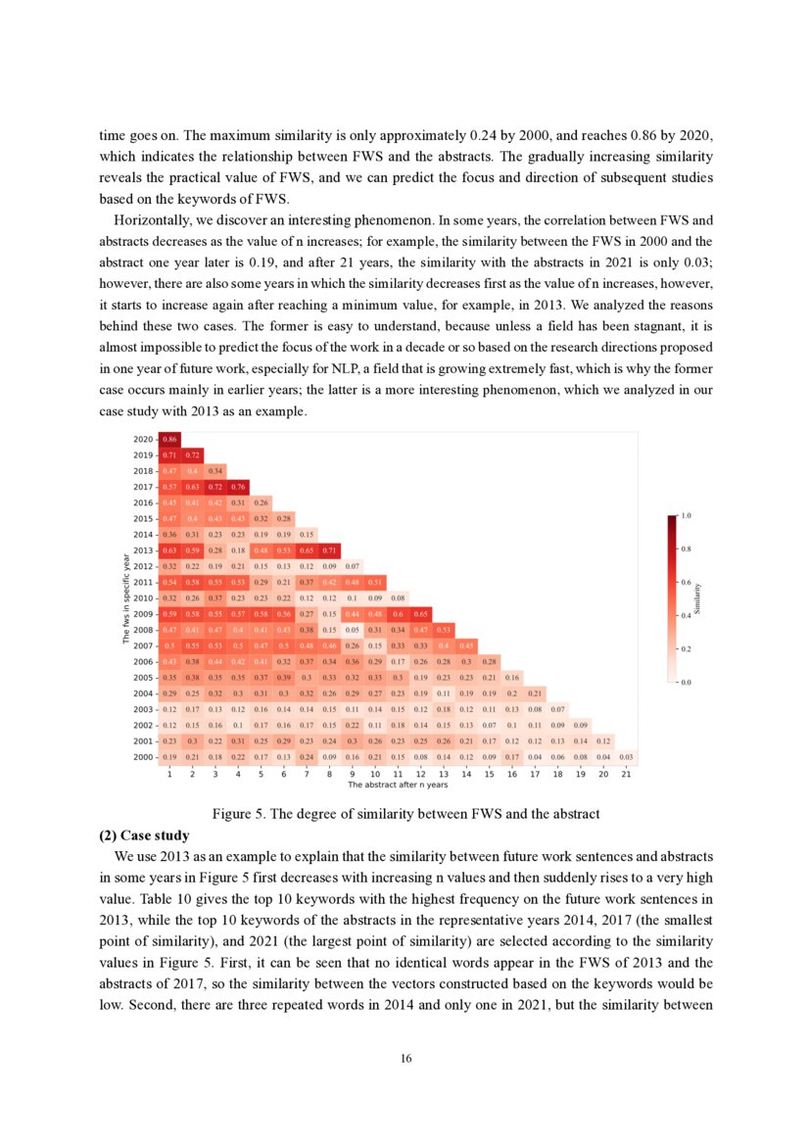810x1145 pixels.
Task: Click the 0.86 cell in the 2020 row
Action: pos(169,440)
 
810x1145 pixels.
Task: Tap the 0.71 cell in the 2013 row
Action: pos(329,550)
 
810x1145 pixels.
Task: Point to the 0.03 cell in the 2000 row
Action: pos(626,757)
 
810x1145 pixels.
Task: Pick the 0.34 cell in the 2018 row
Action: pos(215,471)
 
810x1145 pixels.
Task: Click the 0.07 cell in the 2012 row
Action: pos(352,566)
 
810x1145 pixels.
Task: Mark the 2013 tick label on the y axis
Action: pos(143,550)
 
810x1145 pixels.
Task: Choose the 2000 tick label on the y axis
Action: pos(143,757)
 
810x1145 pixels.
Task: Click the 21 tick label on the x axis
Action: pos(626,774)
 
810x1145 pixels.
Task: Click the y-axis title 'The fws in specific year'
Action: pos(126,598)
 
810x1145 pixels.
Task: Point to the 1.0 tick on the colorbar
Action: pos(686,514)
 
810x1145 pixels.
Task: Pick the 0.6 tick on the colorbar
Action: pos(686,581)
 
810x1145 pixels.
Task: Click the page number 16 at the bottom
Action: pos(405,1059)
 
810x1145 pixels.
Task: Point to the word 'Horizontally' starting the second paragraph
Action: pos(145,221)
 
